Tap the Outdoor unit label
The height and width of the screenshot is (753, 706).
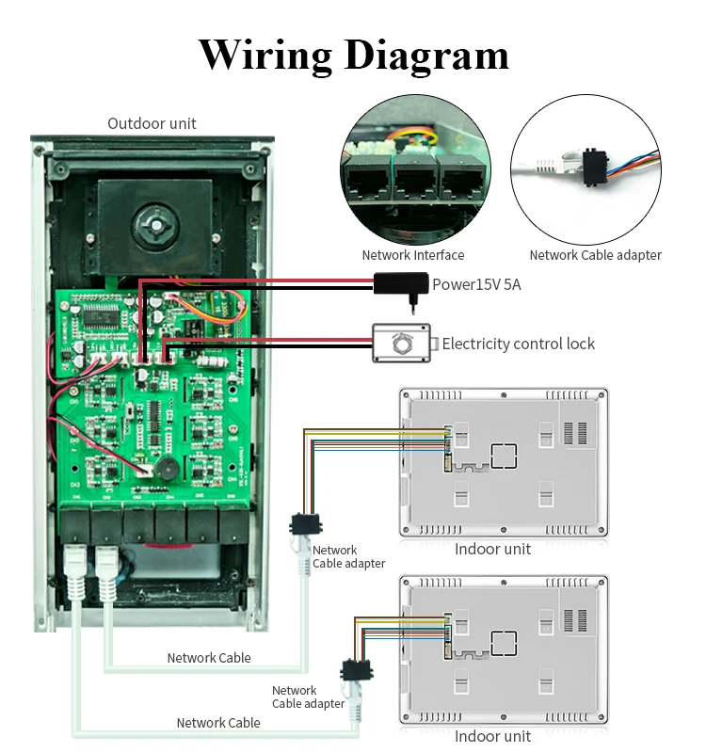152,123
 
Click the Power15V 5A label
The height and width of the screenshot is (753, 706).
475,284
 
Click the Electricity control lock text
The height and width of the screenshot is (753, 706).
518,344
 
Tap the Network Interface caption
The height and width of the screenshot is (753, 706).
412,255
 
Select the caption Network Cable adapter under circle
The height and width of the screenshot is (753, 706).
595,255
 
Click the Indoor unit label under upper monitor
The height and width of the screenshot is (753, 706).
492,549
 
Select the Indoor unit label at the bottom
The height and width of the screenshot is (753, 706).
492,736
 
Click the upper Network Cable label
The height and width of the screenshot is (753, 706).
209,658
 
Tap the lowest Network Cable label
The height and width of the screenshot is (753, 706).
218,723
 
